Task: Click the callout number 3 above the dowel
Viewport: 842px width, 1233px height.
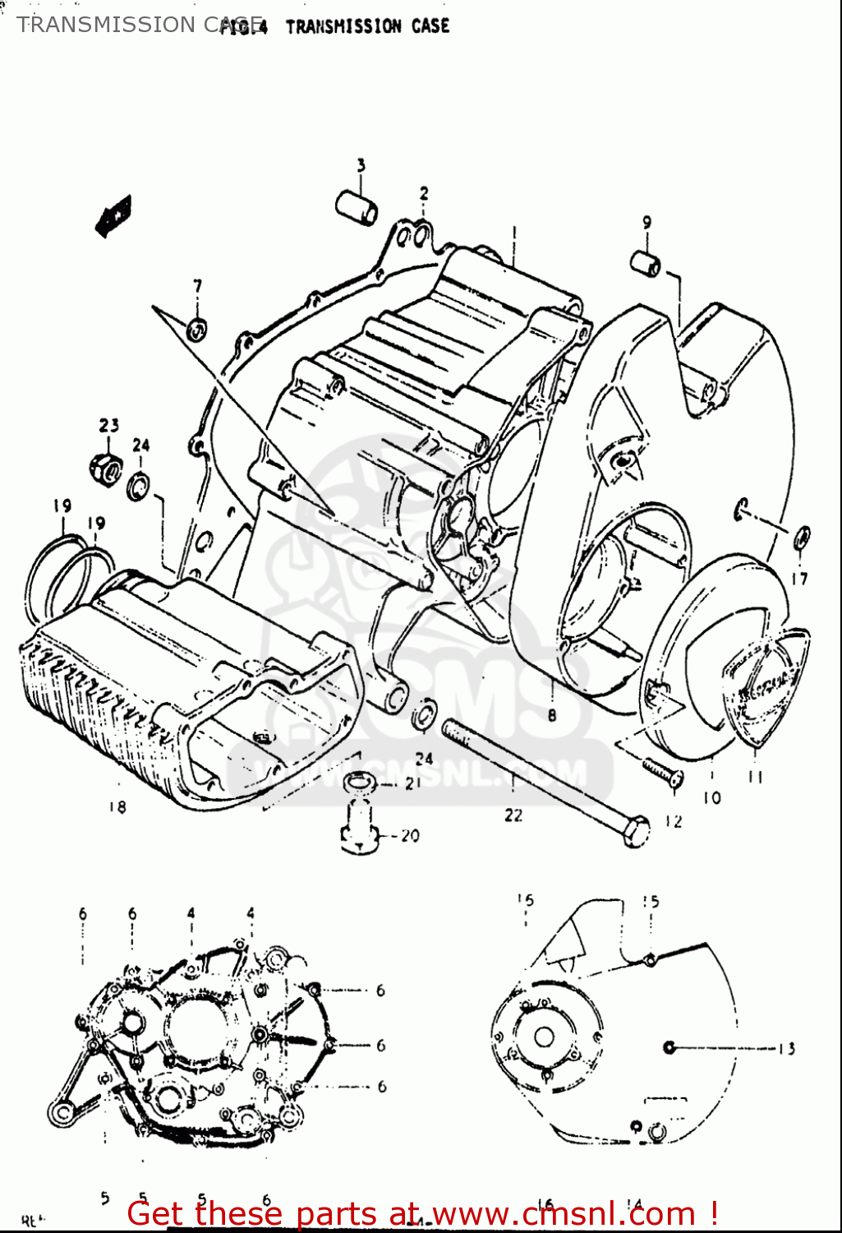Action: click(x=361, y=165)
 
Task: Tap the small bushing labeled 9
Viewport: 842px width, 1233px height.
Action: click(x=646, y=265)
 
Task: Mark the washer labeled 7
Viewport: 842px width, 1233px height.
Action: click(x=197, y=330)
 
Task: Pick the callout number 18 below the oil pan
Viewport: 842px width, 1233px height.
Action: click(x=117, y=807)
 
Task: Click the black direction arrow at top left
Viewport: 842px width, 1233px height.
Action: click(x=113, y=215)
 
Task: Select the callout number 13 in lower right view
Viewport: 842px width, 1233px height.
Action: click(x=786, y=1048)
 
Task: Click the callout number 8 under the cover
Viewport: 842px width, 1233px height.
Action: click(x=552, y=715)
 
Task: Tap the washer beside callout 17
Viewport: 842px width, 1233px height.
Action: click(x=802, y=538)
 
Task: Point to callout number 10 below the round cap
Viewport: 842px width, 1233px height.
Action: click(x=711, y=797)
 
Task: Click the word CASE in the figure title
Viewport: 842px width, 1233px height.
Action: click(x=430, y=26)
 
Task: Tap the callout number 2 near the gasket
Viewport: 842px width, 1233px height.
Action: click(x=424, y=194)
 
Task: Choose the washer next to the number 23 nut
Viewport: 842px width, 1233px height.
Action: click(x=139, y=487)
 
